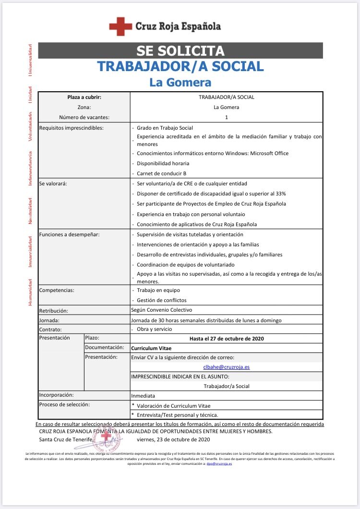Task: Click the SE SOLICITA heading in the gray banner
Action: coord(180,51)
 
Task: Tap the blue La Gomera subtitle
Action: coord(180,82)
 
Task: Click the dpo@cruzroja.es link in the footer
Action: coord(219,463)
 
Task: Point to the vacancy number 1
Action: coord(226,117)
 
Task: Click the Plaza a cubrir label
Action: coord(84,97)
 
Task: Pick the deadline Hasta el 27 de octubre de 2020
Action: coord(226,338)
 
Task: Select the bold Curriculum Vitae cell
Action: coord(152,347)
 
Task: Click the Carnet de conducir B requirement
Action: coord(161,173)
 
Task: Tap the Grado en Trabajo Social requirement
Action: coord(165,128)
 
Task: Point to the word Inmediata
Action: coord(143,396)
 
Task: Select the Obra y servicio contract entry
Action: coord(154,329)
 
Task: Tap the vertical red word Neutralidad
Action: coord(30,210)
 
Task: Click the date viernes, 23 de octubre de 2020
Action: coord(173,439)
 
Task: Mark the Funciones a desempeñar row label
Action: coord(69,234)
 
